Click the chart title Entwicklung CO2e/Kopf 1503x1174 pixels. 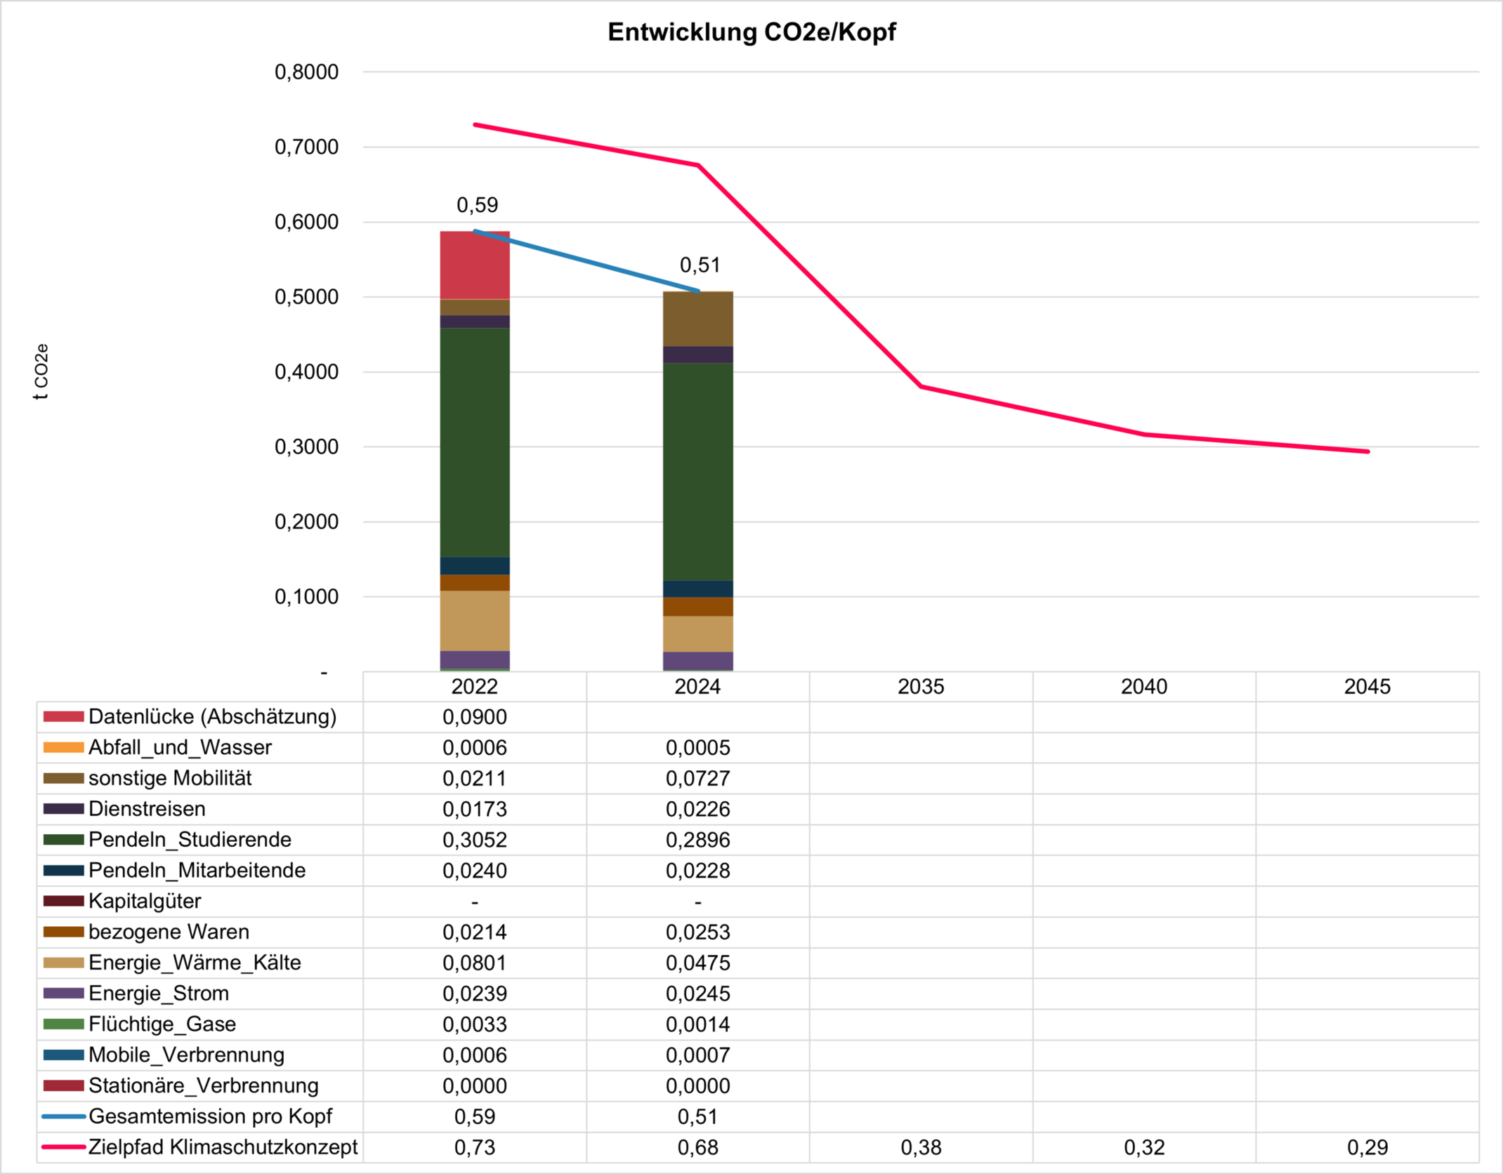coord(751,32)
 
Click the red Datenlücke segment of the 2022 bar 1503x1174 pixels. coord(475,265)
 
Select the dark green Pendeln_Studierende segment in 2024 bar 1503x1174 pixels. coord(697,470)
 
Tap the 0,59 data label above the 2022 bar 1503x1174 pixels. coord(477,205)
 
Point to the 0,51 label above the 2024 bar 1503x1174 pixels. coord(700,265)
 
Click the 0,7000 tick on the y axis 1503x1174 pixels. coord(306,147)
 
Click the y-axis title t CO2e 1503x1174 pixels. coord(41,371)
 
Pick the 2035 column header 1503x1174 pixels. coord(920,687)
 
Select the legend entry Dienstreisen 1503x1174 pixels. coord(147,809)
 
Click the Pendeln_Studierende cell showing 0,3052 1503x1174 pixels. coord(474,840)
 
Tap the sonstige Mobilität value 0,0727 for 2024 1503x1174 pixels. coord(697,779)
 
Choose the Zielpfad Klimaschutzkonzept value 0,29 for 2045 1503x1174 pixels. coord(1367,1147)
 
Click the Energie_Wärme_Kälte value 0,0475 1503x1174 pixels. coord(697,963)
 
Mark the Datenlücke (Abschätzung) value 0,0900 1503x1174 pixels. coord(474,717)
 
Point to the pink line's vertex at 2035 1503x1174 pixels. coord(921,386)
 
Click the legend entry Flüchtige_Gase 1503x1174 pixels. coord(162,1024)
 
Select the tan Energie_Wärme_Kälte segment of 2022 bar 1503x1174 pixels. coord(475,621)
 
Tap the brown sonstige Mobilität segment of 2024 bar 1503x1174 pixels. coord(697,319)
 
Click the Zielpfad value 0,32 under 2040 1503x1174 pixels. coord(1144,1147)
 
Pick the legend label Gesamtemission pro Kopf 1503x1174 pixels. coord(210,1116)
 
